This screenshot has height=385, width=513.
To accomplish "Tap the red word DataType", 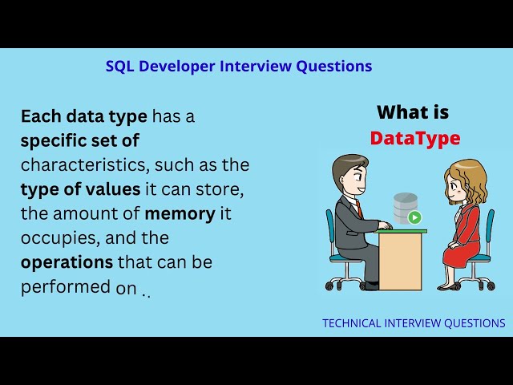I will click(x=414, y=138).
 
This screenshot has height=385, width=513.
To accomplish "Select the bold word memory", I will click(x=179, y=213).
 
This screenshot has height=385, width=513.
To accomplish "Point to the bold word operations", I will click(x=67, y=262).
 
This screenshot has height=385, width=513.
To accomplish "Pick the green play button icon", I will click(x=414, y=217).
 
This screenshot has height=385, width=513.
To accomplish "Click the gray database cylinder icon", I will click(x=405, y=207).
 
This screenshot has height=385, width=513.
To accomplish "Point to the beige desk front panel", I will click(x=400, y=261).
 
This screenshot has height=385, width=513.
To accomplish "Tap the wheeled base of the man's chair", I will click(x=347, y=283).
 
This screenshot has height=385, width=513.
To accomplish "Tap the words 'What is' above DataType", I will click(x=413, y=112).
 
